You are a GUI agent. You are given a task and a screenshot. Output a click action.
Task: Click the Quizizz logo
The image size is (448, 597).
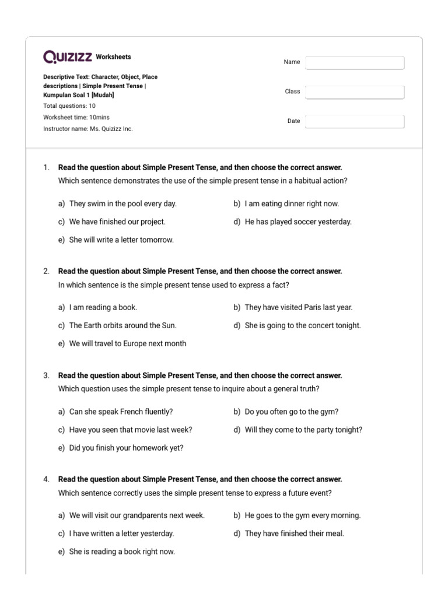point(68,57)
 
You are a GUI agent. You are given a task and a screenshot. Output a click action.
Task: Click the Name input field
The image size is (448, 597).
point(355,62)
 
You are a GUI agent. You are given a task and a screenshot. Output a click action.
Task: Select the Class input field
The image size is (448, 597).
point(355,92)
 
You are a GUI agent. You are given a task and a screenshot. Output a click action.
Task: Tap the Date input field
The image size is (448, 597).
point(355,121)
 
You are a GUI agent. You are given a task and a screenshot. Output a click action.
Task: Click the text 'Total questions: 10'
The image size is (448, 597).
point(69,106)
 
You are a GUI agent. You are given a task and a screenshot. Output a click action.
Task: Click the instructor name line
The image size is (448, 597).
point(87,128)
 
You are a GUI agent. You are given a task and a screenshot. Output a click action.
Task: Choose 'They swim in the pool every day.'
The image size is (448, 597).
point(123,203)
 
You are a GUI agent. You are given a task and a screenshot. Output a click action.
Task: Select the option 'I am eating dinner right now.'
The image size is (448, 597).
point(292,203)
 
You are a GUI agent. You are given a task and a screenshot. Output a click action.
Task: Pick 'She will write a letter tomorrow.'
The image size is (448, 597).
point(121,240)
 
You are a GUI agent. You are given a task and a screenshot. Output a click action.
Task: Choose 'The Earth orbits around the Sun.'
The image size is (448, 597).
point(123,325)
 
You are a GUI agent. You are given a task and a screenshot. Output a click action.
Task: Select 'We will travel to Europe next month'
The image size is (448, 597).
point(128,343)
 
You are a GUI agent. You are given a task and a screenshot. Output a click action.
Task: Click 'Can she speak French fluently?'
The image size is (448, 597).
point(121,412)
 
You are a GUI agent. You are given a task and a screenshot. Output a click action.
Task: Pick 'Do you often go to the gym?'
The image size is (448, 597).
point(291,412)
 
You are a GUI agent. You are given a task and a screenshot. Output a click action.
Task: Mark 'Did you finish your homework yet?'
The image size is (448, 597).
point(126,448)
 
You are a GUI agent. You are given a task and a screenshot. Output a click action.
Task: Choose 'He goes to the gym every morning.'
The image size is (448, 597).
point(303,515)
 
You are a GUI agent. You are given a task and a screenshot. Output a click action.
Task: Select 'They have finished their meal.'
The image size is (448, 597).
point(294,533)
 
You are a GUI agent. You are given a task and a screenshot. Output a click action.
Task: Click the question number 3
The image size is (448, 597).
point(46,375)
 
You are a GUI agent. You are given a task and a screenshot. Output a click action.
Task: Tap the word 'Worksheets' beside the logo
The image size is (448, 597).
point(113,57)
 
